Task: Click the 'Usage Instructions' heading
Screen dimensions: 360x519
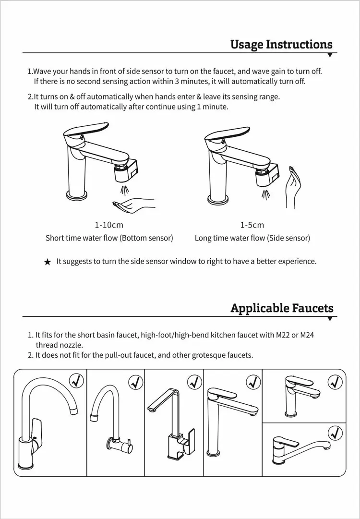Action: (x=281, y=44)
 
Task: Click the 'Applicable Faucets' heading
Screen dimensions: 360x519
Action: (x=282, y=308)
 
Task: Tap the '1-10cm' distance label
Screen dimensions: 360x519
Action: (x=109, y=225)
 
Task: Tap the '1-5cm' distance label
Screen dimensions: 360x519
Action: (x=252, y=225)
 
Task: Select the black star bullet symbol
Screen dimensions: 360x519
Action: (x=48, y=262)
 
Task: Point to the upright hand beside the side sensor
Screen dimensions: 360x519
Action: (x=292, y=187)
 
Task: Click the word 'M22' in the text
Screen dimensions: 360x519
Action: (x=283, y=335)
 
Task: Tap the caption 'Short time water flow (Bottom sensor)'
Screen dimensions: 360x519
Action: (x=109, y=238)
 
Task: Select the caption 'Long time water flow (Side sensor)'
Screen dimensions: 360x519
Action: (x=252, y=238)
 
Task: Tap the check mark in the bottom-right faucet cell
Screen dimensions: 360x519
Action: (x=335, y=432)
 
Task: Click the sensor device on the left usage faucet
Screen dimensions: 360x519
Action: (x=126, y=170)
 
